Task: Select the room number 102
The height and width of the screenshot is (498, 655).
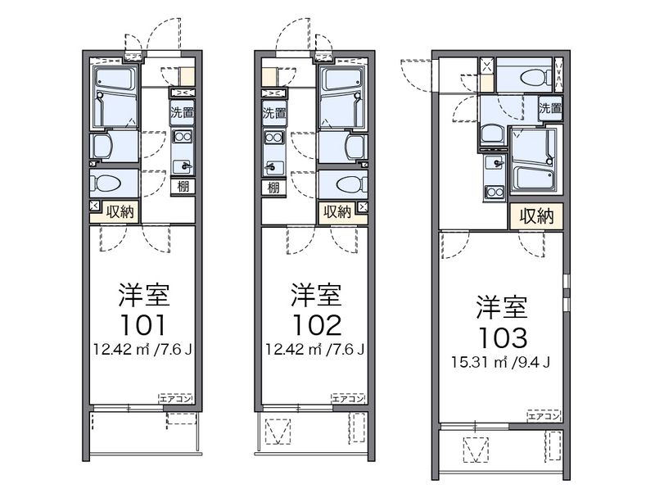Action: pos(315,325)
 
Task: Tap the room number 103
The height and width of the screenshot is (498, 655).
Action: pos(502,337)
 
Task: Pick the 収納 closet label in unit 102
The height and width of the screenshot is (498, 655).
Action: pos(337,211)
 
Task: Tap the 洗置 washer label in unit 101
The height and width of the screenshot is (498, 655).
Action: pos(183,113)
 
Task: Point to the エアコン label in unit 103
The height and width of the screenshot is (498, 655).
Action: pos(544,416)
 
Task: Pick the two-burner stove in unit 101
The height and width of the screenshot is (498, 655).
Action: pos(183,139)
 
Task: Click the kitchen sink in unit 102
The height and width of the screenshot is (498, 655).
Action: pos(273,168)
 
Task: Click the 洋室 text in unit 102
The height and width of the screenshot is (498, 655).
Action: pos(315,294)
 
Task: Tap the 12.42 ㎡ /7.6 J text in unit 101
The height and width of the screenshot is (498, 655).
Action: pos(143,350)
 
